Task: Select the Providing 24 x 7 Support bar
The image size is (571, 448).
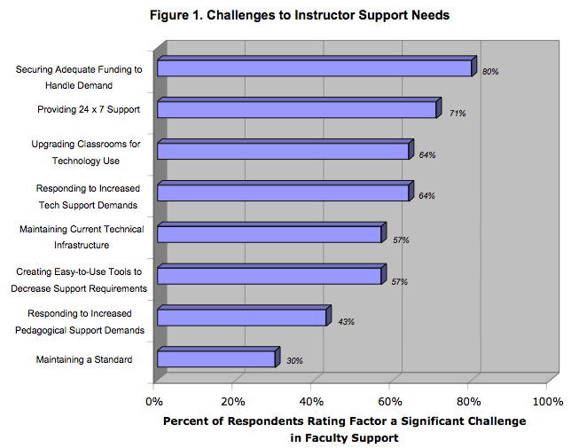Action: click(300, 108)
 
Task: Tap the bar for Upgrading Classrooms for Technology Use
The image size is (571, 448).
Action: click(285, 149)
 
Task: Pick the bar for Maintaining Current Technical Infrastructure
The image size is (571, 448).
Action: click(271, 232)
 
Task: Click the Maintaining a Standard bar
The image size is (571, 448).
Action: click(218, 357)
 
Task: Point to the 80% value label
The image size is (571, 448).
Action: click(490, 72)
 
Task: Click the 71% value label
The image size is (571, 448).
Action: click(458, 114)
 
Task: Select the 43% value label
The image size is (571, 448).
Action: click(346, 322)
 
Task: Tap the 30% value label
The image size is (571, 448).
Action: click(294, 361)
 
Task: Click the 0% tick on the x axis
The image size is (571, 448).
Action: click(154, 402)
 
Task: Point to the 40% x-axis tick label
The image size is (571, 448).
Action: click(311, 402)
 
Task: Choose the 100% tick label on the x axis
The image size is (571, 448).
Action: click(548, 402)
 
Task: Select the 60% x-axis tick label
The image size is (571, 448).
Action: click(390, 402)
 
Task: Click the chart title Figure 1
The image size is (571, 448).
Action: click(300, 15)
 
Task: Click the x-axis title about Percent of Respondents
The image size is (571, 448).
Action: click(345, 429)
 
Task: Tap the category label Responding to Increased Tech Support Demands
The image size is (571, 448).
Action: click(88, 197)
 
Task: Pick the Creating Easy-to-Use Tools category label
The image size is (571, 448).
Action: click(79, 280)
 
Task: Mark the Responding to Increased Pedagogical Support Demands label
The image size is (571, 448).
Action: click(80, 322)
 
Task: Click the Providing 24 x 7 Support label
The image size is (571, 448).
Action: click(89, 109)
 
